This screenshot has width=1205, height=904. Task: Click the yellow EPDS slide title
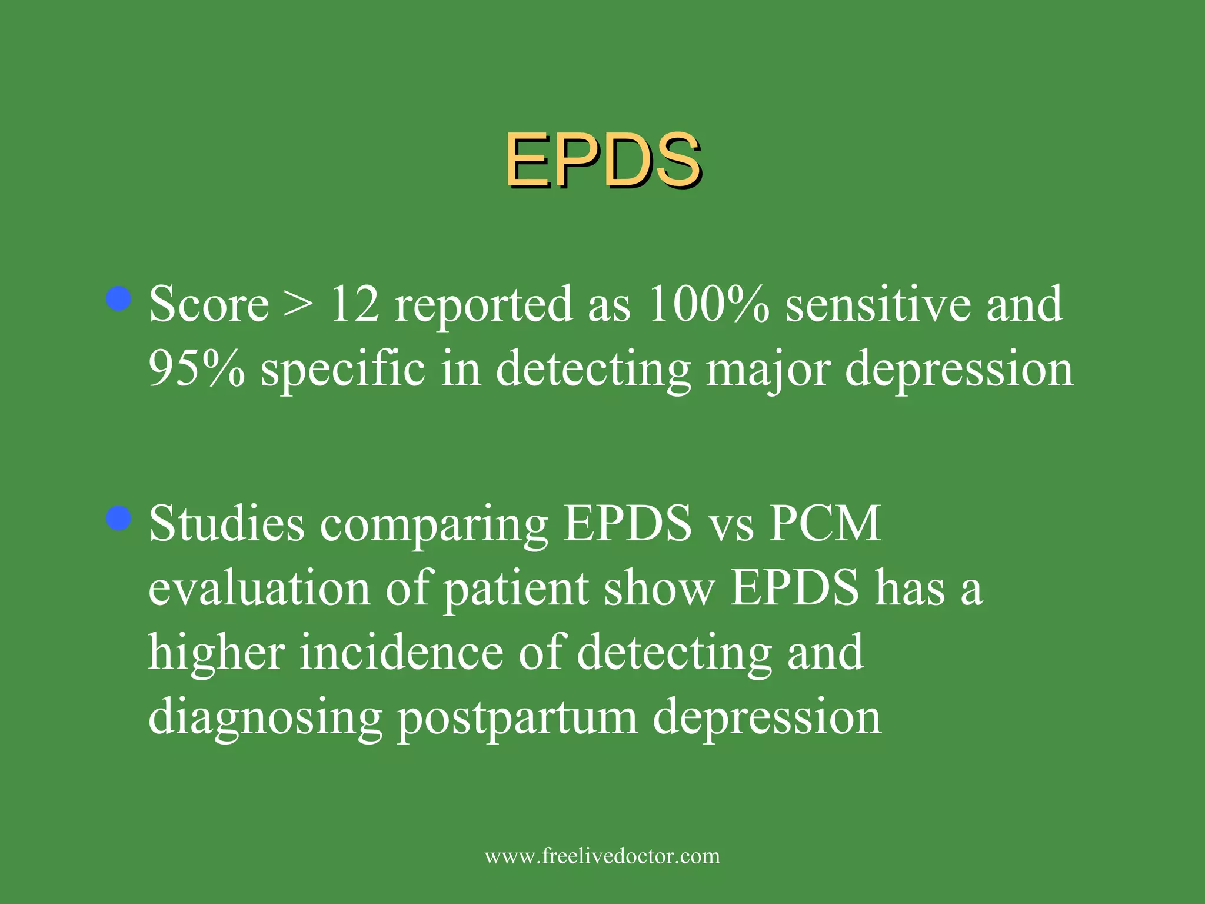(x=603, y=160)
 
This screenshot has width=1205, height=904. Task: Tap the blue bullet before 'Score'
(x=119, y=298)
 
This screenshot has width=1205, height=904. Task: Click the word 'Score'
(x=209, y=305)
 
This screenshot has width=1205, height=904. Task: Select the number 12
(x=355, y=305)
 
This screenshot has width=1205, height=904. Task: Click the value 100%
(x=708, y=305)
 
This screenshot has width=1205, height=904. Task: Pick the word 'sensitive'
(x=878, y=305)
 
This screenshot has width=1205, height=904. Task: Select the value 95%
(x=197, y=368)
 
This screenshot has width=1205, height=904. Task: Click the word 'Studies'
(x=227, y=523)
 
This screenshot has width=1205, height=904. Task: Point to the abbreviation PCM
(x=824, y=523)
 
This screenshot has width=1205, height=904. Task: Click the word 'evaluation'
(x=259, y=588)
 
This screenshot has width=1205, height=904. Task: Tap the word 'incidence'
(x=401, y=652)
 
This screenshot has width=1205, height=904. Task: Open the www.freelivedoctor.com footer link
(x=602, y=856)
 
